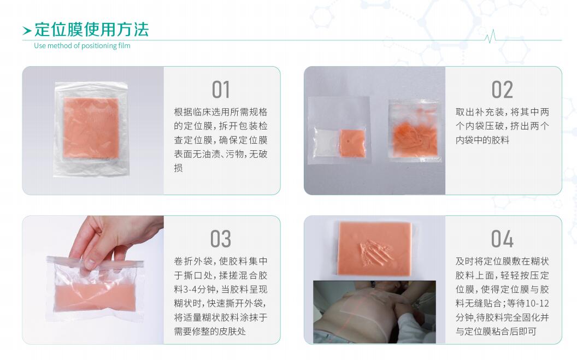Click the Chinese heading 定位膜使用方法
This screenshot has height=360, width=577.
coord(91,29)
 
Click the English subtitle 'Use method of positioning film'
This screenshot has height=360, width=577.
coord(82,45)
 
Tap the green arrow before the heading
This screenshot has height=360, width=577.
coord(27,31)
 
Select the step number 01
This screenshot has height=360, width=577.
coord(221,90)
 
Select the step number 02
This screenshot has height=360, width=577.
coord(502,90)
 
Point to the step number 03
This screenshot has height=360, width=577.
coord(221,239)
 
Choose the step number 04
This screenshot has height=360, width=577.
coord(502,239)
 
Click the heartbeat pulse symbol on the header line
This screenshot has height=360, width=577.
coord(490,37)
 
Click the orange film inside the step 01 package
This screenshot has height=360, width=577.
coord(91,128)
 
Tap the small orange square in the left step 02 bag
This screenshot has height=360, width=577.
coord(352,143)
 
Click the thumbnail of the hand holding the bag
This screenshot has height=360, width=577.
coord(93,280)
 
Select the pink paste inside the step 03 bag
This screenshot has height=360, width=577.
coord(95,296)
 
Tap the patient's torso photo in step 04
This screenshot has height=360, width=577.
coord(374,312)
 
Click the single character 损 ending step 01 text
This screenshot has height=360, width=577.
coord(179,168)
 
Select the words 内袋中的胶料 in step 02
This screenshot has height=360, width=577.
coord(482,140)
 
